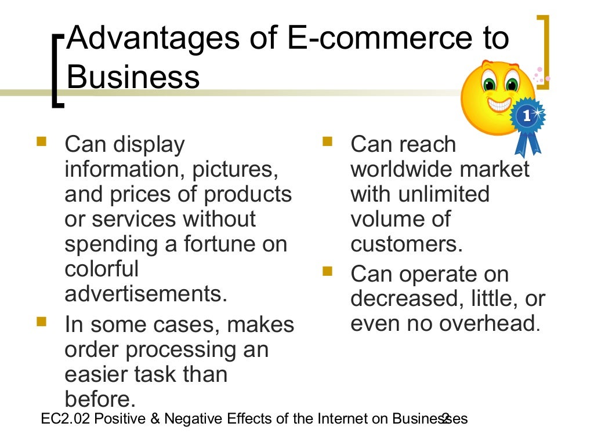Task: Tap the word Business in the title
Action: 133,76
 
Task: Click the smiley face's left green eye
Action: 489,85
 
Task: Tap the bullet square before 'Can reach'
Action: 327,141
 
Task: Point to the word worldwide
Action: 400,169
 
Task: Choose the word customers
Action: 406,244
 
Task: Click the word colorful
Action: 102,269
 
